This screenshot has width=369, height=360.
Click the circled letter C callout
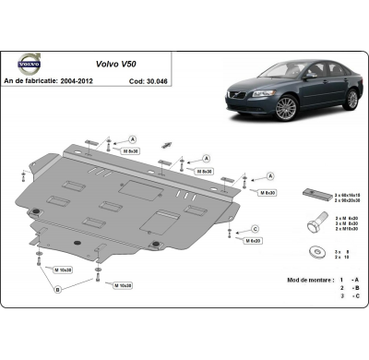pos(254,229)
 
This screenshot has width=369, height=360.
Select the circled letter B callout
pos(57,289)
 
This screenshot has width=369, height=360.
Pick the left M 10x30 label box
pos(63,270)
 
